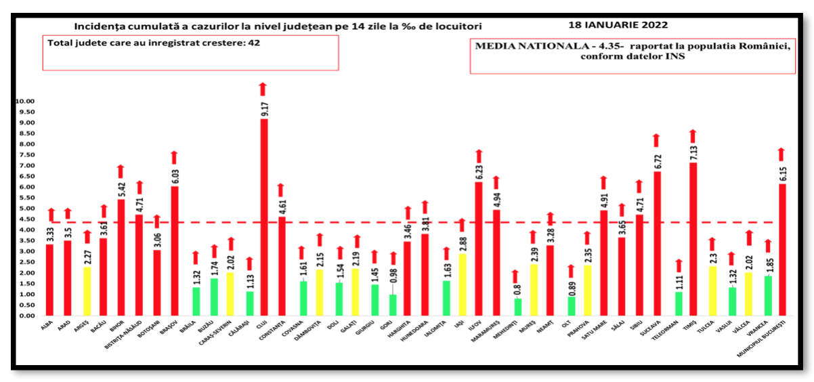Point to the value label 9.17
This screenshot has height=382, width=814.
[263, 109]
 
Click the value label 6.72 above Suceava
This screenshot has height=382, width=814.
[656, 161]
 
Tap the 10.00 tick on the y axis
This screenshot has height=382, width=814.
[25, 102]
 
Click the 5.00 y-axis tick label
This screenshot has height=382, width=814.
[25, 209]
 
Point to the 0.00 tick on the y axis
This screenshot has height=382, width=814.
[25, 316]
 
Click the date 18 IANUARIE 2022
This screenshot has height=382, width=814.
[618, 24]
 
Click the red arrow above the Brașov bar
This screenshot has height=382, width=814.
[174, 157]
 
